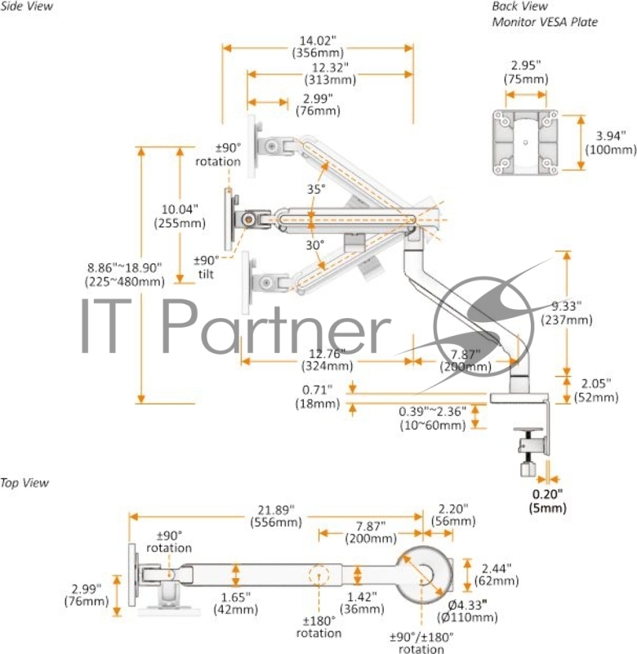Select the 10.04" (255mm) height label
point(179,216)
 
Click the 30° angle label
point(316,244)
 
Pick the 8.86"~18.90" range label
point(124,274)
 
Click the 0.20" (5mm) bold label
point(549,500)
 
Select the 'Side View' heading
point(27,7)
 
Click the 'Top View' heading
point(24,482)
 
